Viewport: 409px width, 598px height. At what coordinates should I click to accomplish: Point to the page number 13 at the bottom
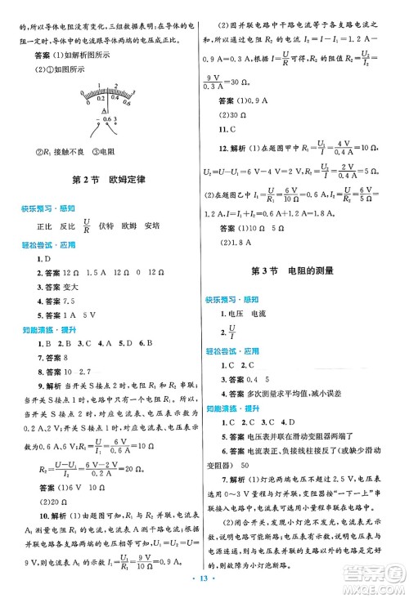pyautogui.click(x=205, y=585)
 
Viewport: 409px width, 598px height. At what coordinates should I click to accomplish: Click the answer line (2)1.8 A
pyautogui.click(x=231, y=243)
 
